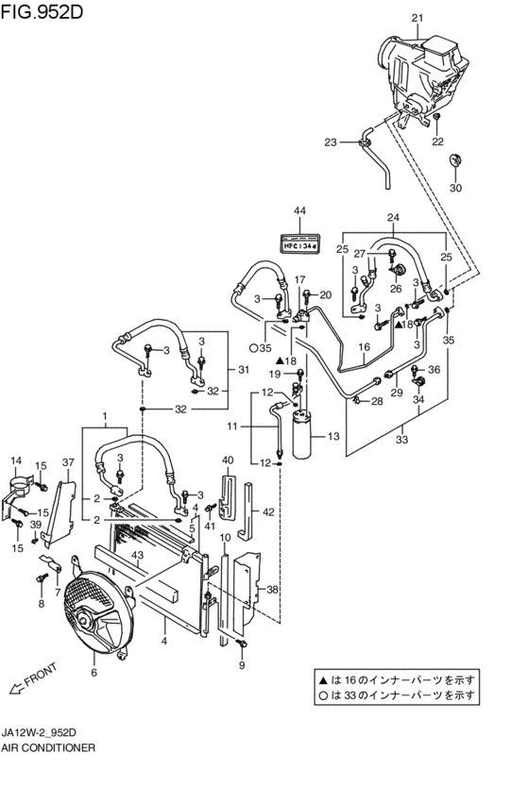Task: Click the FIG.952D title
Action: click(42, 11)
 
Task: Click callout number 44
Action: click(299, 211)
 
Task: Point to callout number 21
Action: click(418, 19)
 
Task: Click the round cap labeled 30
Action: click(454, 159)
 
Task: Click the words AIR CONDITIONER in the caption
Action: click(48, 747)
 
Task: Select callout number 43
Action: click(137, 555)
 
